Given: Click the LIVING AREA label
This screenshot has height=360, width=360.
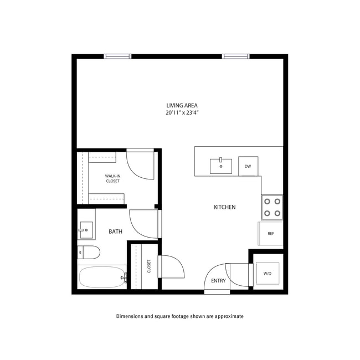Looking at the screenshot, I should pos(182,105).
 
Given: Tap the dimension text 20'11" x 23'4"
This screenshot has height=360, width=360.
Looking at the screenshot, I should pos(182,112).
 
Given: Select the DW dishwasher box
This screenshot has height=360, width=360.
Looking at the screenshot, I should pos(248,166).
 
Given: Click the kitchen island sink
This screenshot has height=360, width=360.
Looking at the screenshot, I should pos(221,166).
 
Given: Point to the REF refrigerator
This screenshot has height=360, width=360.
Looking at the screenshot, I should pos(271,233).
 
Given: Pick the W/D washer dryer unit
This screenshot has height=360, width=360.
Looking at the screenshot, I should pos(268,274).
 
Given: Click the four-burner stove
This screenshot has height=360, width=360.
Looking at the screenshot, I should pos(272,207).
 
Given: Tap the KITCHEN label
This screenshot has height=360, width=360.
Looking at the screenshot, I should pos(225,207).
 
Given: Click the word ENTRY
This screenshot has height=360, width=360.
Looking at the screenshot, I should pos(218,281).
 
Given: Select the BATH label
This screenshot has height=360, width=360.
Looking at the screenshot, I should pos(115,232).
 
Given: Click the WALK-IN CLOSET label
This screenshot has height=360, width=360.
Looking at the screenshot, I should pos(113,178).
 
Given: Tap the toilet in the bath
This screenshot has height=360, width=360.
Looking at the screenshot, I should pos(89,252).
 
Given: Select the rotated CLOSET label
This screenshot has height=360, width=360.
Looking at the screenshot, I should pos(149,266).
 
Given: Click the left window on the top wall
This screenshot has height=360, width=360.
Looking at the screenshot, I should pos(118,56).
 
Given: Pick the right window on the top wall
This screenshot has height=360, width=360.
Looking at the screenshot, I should pos(235,56).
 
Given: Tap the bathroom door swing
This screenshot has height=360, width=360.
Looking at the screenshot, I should pos(143,224).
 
